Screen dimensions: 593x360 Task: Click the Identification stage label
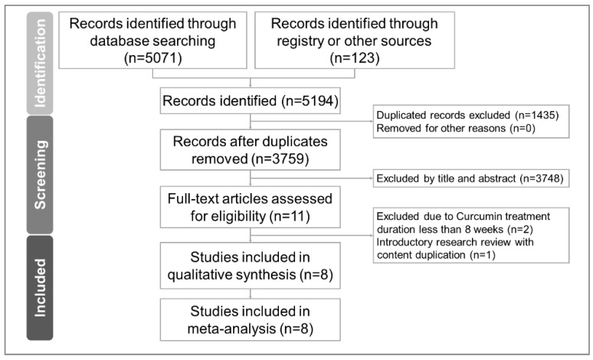coord(40,63)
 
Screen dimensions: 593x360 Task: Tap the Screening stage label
coord(40,175)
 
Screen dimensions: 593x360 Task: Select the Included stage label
coord(40,288)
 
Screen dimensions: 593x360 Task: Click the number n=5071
coord(152,58)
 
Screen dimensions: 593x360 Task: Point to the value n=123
coord(355,58)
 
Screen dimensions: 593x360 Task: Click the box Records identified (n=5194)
coord(250,100)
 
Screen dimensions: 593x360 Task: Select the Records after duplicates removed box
coord(250,150)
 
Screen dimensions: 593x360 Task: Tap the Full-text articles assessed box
coord(250,207)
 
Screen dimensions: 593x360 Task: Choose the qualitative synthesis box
coord(250,266)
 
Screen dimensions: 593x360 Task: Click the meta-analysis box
coord(250,319)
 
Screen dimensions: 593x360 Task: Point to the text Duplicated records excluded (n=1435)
coord(467,115)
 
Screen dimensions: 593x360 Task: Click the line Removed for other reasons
coord(456,128)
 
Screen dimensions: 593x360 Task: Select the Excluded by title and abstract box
coord(471,178)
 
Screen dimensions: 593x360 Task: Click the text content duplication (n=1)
coord(436,255)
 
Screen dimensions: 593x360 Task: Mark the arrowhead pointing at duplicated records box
coord(372,121)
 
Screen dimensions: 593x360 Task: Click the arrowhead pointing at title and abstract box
coord(372,178)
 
